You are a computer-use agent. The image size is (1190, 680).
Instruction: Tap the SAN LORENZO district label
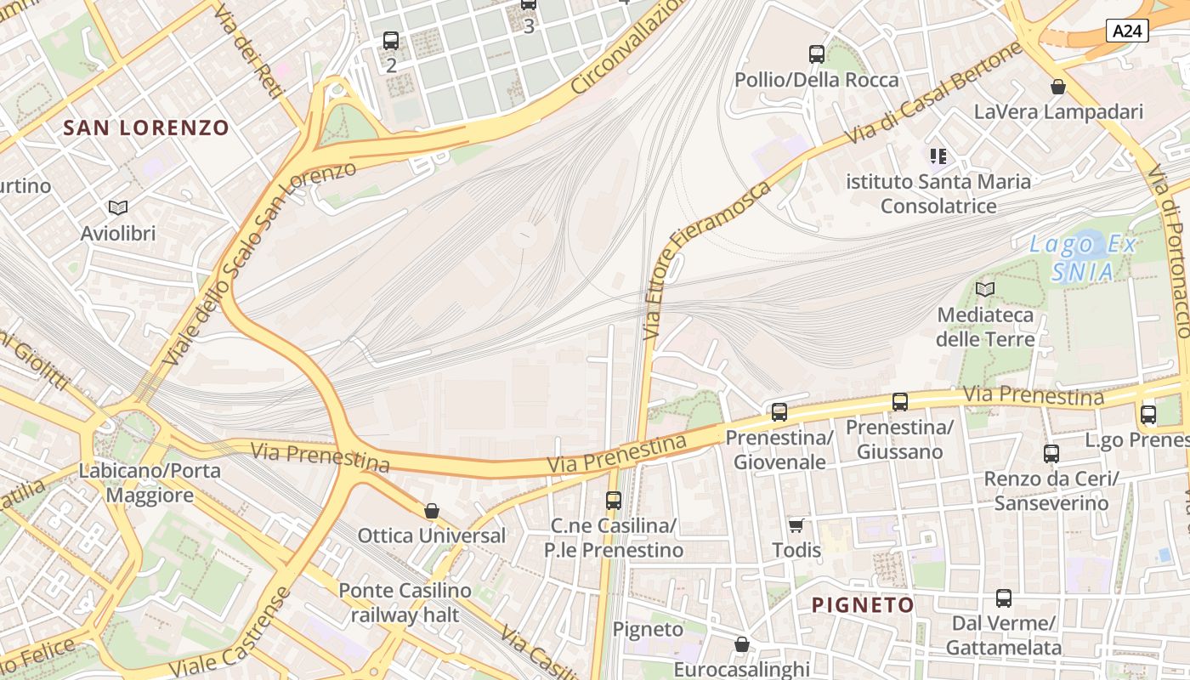146,128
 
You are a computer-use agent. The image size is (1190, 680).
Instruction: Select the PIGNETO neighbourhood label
863,605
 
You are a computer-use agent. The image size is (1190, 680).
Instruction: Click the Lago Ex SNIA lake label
1083,258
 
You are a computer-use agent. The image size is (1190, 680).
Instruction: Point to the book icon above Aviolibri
118,207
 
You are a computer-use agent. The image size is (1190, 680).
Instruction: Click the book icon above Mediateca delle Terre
985,289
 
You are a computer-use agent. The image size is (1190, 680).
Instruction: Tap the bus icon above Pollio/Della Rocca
817,54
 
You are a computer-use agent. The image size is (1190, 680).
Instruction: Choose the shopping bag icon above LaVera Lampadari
1058,87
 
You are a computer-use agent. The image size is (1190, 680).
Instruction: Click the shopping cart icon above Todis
796,525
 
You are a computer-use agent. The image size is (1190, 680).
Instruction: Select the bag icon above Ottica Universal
432,511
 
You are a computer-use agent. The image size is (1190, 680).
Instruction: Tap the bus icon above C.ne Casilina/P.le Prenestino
614,501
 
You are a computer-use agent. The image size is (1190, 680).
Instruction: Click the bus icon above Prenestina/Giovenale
779,412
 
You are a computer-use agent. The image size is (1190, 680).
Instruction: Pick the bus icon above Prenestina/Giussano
900,402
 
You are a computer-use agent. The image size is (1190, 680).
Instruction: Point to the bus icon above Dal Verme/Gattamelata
1004,598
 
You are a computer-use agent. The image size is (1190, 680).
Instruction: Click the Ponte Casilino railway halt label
405,602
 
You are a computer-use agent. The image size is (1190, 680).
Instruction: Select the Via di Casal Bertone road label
933,93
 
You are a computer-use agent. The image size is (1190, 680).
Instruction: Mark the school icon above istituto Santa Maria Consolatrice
938,156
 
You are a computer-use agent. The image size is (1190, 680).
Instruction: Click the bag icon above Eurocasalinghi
742,644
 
